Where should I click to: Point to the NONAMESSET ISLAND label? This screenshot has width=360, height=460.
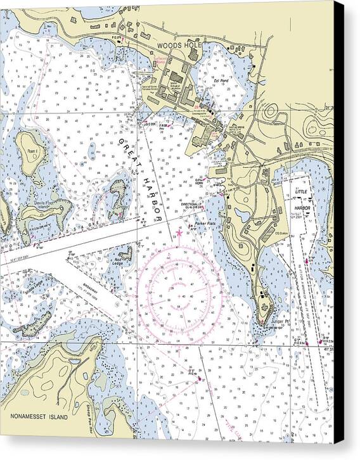tap(39, 417)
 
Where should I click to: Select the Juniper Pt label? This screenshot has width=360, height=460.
tap(280, 321)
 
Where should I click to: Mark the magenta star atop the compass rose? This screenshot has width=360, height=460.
tap(179, 233)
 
